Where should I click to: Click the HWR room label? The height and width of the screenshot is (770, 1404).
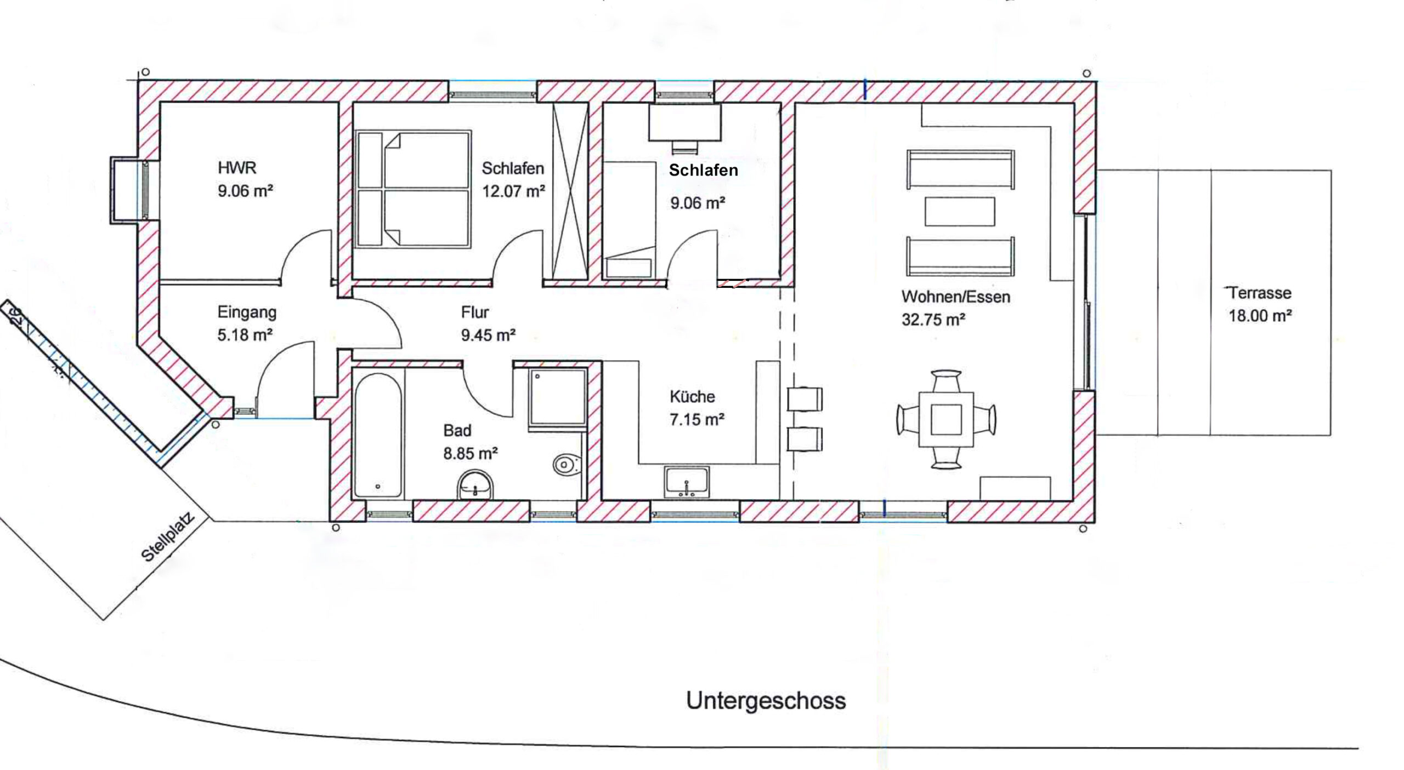coord(237,167)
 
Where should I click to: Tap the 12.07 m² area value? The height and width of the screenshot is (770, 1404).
coord(513,191)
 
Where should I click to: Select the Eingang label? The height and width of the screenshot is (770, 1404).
coord(247,313)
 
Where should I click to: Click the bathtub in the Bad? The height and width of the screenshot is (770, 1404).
coord(378,435)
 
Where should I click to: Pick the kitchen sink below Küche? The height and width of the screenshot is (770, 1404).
coord(686,482)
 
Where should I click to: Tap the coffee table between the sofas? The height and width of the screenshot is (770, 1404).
coord(960,212)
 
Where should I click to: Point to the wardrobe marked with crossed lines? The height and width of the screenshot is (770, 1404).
coord(570,191)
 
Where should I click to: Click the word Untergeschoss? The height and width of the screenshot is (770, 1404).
coord(766,701)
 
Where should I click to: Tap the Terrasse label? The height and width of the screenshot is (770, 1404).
coord(1260,293)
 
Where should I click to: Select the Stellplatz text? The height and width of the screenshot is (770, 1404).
coord(168,537)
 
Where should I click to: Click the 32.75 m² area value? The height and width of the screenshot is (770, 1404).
coord(933,320)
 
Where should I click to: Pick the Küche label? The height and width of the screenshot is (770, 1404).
coord(692,396)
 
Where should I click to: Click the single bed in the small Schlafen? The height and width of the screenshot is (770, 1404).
coord(630,219)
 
